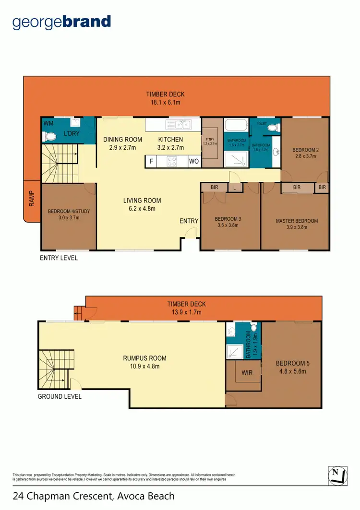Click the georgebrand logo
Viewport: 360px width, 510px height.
61,22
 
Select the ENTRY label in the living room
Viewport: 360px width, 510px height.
189,221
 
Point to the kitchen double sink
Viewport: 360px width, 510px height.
179,125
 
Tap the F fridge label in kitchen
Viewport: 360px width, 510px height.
151,162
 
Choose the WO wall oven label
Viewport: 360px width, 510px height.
193,162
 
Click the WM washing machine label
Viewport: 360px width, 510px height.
48,124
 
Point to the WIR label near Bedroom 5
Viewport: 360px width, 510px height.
247,373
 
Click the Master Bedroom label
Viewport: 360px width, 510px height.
297,221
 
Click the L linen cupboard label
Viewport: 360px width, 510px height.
235,188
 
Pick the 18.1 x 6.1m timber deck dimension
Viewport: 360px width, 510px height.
165,102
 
